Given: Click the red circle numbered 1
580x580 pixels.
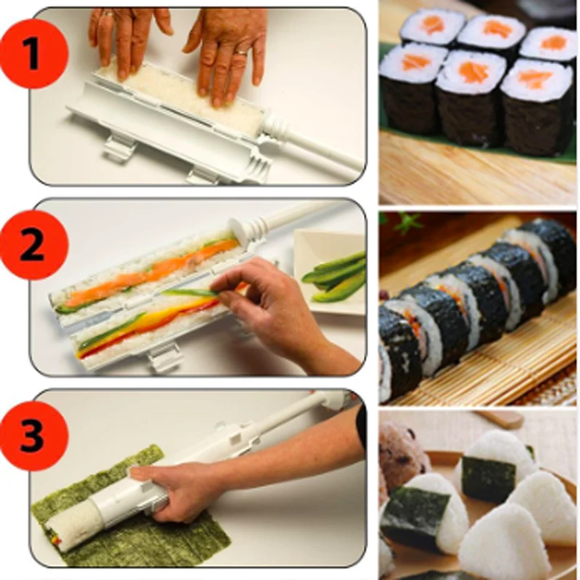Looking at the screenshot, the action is [x=33, y=54].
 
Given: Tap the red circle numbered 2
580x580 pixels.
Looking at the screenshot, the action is [x=33, y=244].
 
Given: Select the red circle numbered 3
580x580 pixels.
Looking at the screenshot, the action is [x=33, y=436].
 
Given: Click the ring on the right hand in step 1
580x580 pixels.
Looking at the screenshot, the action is [x=242, y=52].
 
